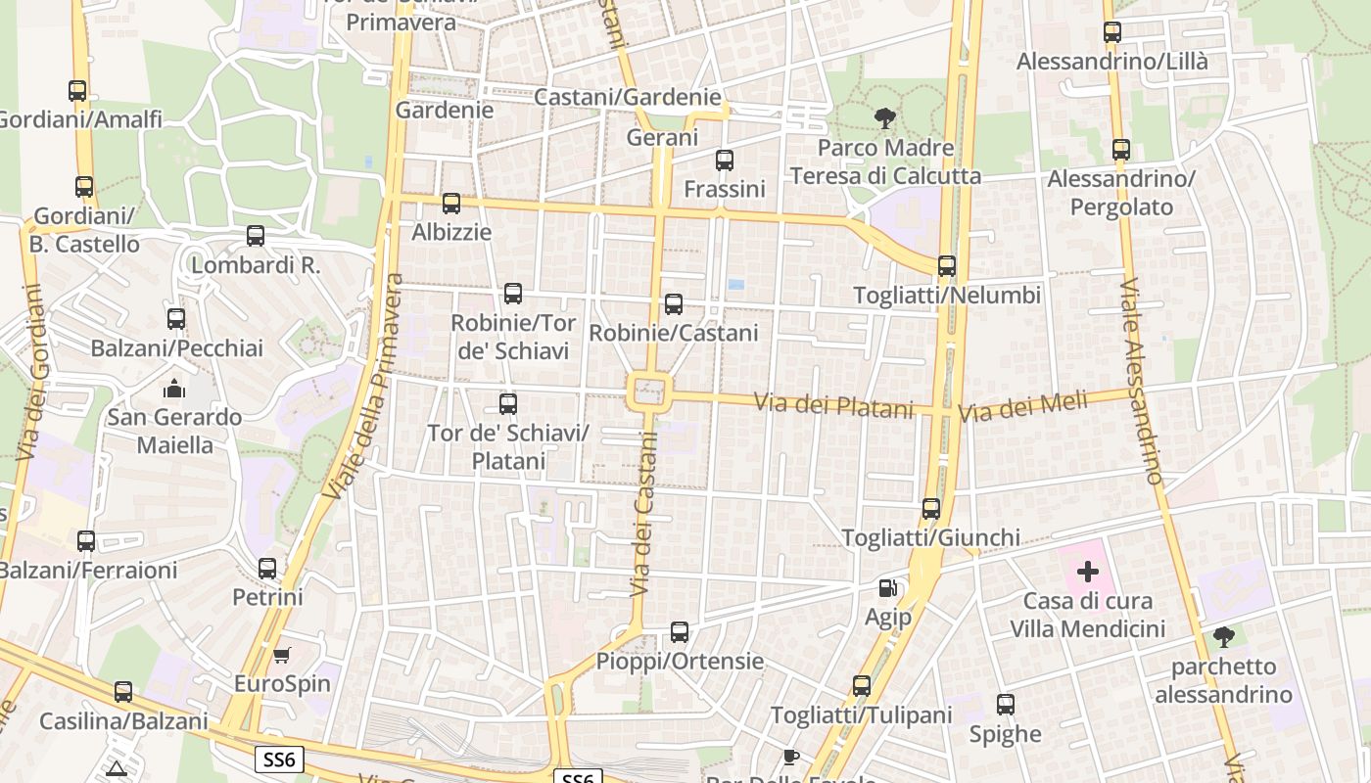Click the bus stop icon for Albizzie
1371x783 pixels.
(x=451, y=204)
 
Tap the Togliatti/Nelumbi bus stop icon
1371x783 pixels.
(x=946, y=266)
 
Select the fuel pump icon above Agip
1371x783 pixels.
(x=887, y=588)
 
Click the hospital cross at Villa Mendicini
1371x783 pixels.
(x=1087, y=572)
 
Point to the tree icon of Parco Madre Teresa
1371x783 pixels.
(x=885, y=119)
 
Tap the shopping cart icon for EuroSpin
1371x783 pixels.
(x=282, y=655)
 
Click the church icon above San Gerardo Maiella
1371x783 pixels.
(x=174, y=389)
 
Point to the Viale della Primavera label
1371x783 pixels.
(x=366, y=386)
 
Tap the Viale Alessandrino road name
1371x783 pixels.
(x=1140, y=382)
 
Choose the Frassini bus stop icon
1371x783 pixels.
(x=724, y=161)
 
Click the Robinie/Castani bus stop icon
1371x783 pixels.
(x=674, y=304)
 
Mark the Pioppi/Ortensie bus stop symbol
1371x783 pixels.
(x=680, y=632)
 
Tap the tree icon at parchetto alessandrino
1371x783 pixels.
(x=1223, y=638)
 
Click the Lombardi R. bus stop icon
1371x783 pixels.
(x=256, y=236)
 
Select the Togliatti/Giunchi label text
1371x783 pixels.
(x=931, y=537)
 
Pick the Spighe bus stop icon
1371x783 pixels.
(x=1006, y=705)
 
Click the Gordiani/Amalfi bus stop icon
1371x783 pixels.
(x=77, y=91)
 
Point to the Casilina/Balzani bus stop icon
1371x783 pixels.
(x=123, y=692)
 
